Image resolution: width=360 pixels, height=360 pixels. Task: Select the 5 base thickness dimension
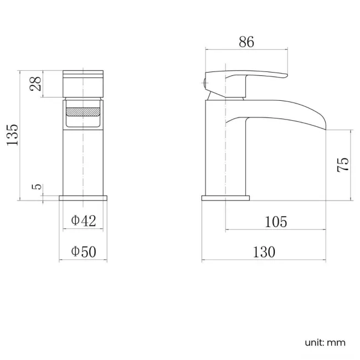[37, 187]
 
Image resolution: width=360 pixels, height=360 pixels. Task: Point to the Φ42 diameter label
[84, 221]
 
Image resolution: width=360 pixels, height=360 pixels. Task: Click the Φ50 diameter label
[84, 251]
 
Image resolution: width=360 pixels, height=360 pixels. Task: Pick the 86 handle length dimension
[246, 42]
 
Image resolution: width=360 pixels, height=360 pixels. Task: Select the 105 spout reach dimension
[276, 222]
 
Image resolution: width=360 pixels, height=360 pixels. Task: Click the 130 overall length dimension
[264, 252]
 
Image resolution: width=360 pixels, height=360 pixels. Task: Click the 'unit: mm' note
[325, 342]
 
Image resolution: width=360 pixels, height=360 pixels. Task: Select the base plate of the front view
[83, 198]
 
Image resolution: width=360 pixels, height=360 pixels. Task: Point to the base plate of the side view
[225, 198]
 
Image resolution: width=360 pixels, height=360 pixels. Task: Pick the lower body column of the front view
[83, 161]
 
